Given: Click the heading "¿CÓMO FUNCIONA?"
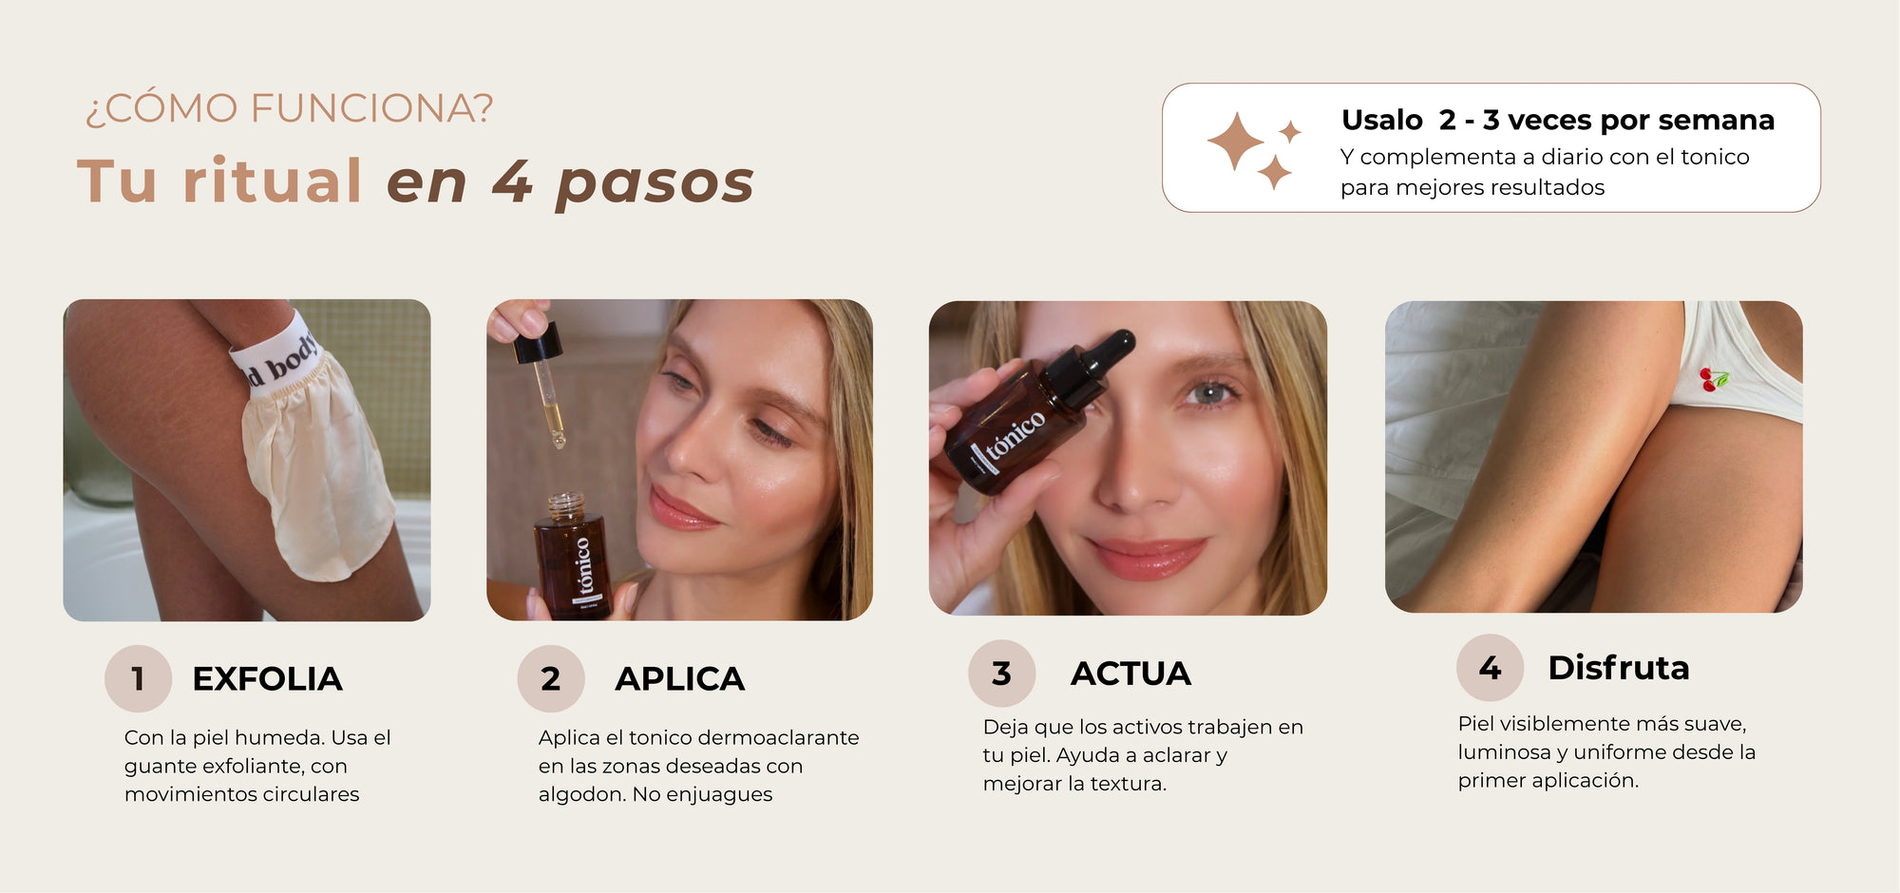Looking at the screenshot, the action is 290,108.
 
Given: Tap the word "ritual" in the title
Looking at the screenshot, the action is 273,180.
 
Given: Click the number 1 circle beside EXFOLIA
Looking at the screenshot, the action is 138,678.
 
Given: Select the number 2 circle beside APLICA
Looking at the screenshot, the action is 551,678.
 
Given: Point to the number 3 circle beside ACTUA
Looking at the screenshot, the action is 1001,673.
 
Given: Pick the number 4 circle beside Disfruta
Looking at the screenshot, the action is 1490,667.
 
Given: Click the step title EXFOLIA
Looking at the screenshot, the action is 267,679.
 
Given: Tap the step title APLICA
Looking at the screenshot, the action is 680,679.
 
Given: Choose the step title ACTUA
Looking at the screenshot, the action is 1130,674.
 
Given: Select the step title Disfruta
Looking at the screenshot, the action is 1619,668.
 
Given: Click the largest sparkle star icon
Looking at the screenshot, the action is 1235,142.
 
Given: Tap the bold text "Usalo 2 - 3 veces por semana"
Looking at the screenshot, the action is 1558,120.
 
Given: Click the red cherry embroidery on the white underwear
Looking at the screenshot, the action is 1714,379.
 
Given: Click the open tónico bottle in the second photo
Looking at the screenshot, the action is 572,556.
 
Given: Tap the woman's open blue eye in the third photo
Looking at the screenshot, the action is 1208,392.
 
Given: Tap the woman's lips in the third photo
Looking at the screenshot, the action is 1147,557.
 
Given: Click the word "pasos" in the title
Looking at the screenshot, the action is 655,182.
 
